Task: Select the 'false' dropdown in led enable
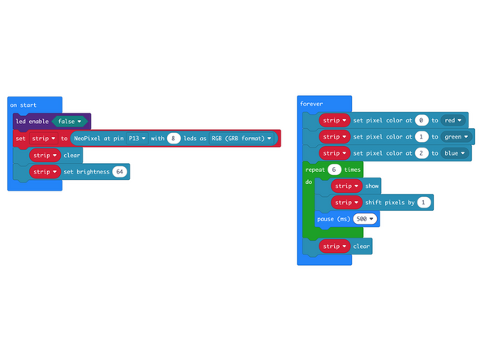(71, 121)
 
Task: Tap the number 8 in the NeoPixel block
(173, 139)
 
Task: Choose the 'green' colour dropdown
(458, 136)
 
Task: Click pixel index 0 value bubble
(421, 120)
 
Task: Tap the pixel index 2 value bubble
(421, 153)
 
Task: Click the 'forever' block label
(311, 104)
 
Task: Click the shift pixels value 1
(424, 202)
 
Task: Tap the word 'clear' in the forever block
(362, 246)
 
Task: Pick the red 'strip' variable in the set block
(44, 139)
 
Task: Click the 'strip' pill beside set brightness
(44, 172)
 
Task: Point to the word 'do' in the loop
(308, 182)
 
